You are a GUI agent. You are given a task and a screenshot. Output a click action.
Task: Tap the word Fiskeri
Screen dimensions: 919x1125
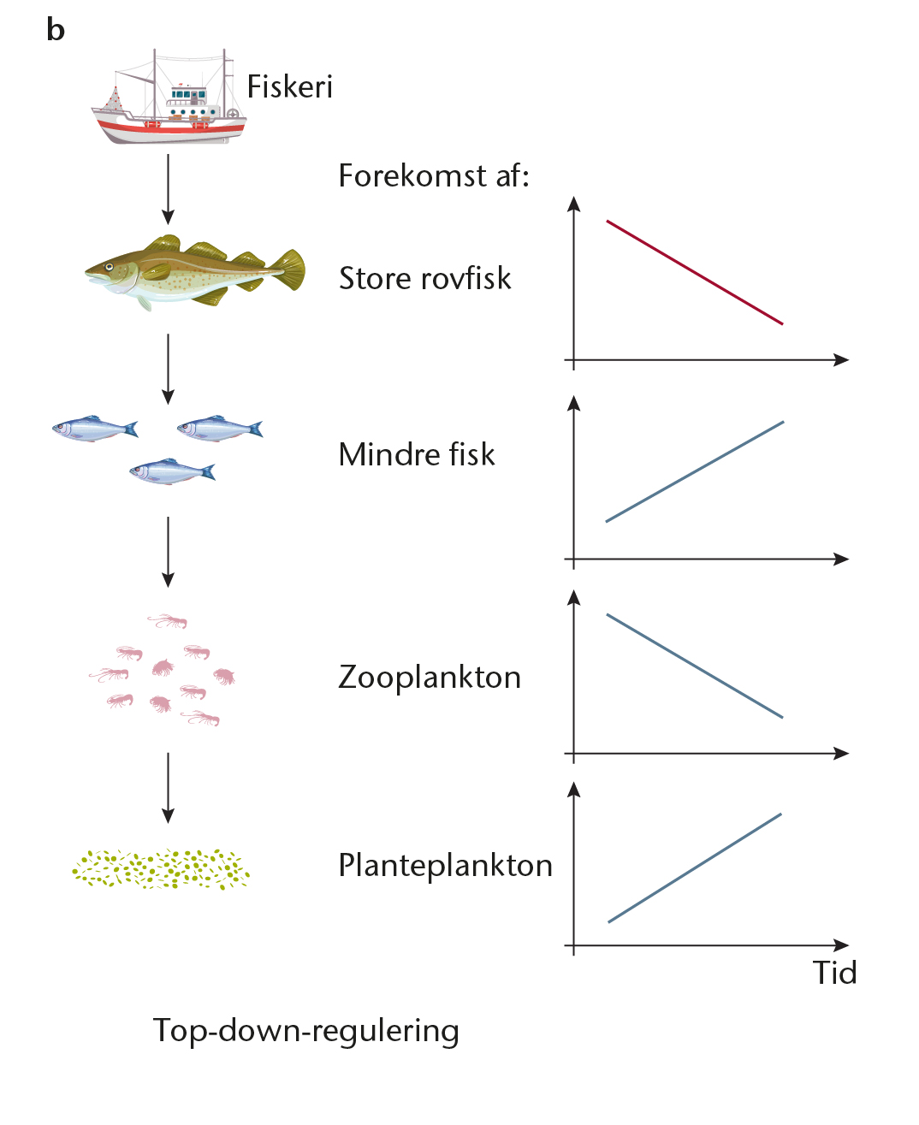point(290,86)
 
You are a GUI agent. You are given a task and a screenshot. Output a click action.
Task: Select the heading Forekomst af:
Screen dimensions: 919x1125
point(434,175)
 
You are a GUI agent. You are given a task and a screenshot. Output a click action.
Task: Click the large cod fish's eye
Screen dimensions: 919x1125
point(109,267)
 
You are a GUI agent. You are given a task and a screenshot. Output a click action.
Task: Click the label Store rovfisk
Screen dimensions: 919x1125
point(424,278)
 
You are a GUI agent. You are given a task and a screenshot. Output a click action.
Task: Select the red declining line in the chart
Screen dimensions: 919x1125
point(694,272)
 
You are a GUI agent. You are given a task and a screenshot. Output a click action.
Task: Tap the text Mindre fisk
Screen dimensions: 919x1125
point(416,454)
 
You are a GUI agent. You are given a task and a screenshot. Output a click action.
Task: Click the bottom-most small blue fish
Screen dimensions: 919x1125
point(172,471)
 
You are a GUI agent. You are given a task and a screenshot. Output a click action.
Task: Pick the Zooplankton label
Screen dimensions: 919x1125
point(430,677)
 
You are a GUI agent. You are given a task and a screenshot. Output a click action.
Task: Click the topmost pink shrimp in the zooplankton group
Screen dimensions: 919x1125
point(168,620)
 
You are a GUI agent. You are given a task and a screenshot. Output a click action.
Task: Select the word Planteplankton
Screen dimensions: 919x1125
point(446,865)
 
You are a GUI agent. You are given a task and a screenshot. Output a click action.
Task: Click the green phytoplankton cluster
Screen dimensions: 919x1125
point(161,869)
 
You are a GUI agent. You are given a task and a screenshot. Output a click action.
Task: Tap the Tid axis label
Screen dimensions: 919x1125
point(834,973)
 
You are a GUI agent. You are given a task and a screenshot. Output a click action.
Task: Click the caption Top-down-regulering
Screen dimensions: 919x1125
point(305,1031)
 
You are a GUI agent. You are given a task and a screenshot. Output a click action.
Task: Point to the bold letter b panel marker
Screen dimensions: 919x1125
point(56,29)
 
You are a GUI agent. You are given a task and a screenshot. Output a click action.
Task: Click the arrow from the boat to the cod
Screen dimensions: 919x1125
point(168,189)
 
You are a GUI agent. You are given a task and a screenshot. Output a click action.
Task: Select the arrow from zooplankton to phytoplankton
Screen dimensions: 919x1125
point(168,788)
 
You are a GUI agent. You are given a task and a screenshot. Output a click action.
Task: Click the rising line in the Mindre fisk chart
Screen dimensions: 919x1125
point(695,471)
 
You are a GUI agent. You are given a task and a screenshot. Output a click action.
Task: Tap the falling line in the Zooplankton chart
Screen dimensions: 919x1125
point(694,666)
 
